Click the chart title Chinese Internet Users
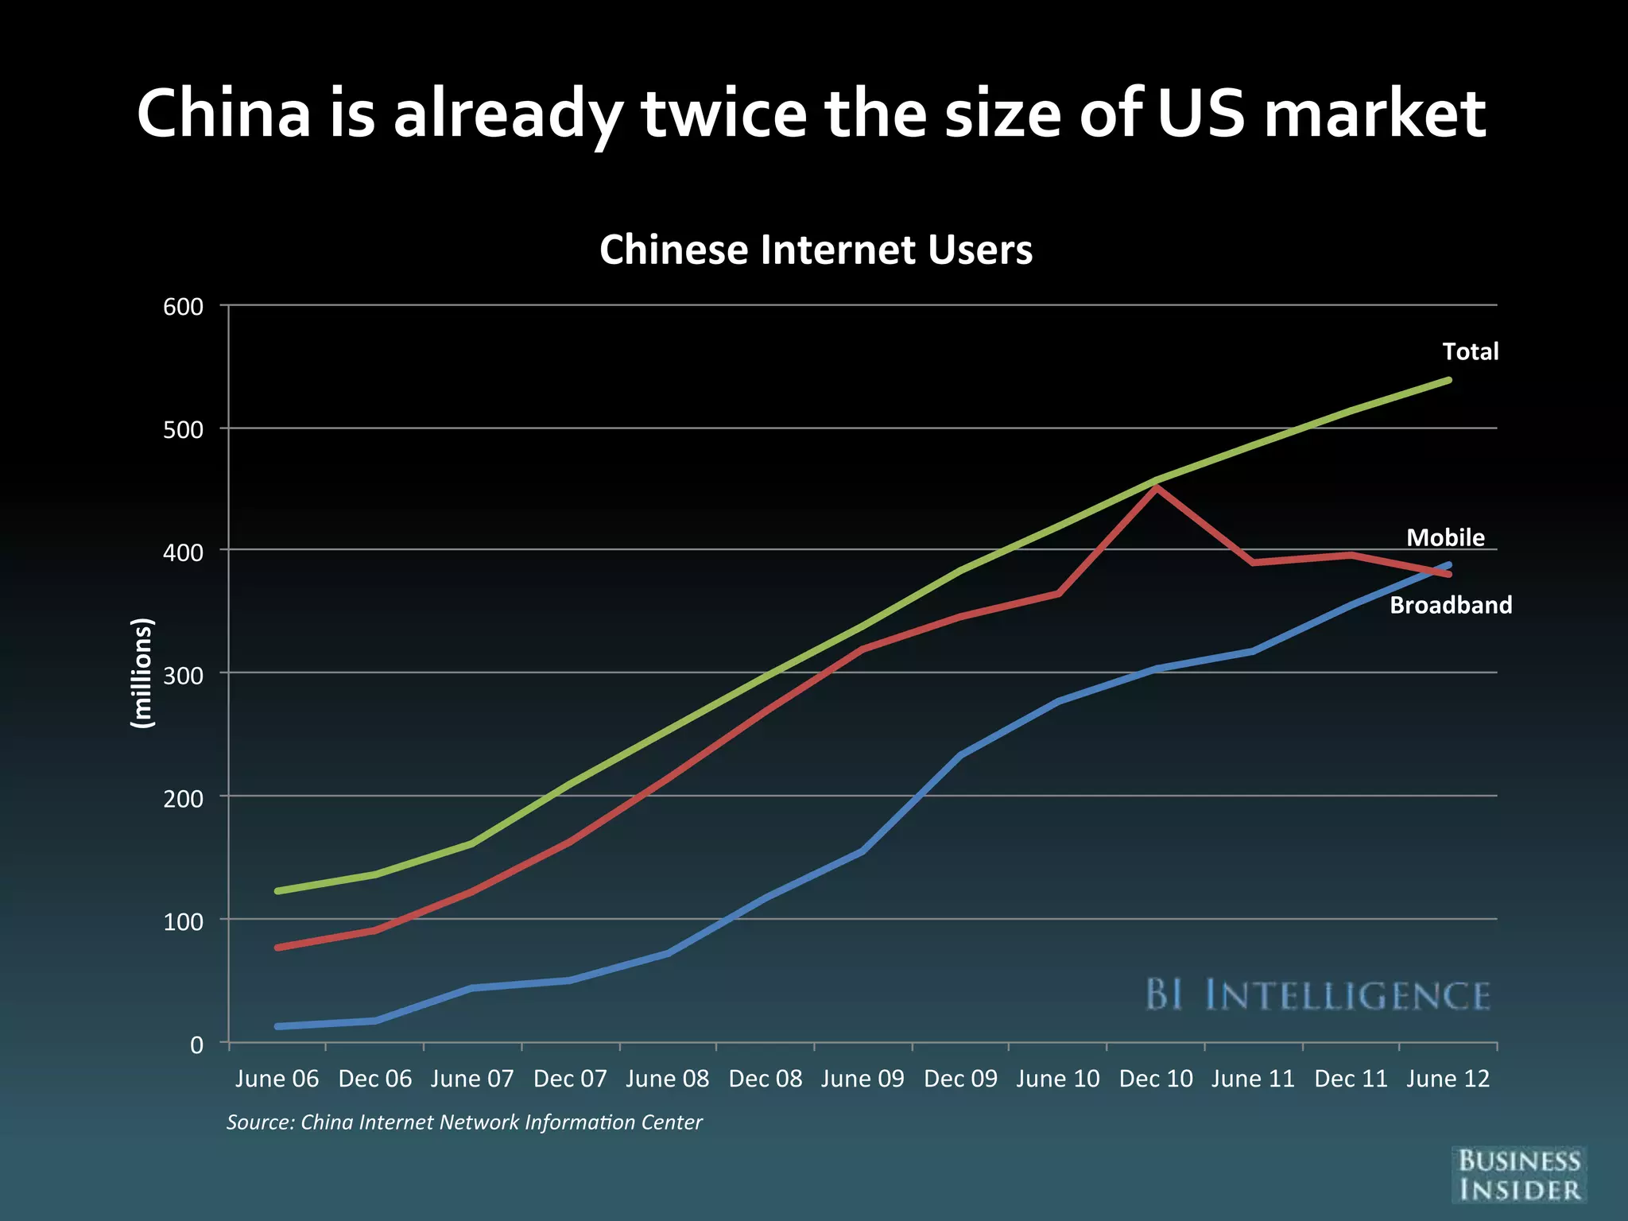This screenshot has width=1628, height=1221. pos(816,250)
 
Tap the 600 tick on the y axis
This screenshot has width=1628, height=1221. pos(184,307)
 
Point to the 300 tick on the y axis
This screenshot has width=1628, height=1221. pos(184,675)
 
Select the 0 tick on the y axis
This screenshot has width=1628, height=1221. pos(196,1045)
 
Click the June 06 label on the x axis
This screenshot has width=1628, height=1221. pos(277,1079)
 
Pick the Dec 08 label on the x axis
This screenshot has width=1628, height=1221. pos(765,1079)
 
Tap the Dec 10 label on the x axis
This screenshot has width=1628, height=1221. pos(1156,1079)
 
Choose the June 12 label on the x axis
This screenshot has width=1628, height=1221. pos(1448,1079)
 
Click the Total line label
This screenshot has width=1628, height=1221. pos(1470,351)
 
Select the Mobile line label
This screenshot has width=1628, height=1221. pos(1445,537)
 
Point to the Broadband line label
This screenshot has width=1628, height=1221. pos(1450,606)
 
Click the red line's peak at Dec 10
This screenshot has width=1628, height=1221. pos(1157,487)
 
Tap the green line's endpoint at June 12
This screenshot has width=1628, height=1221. pos(1449,380)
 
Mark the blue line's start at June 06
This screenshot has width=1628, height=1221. pos(277,1026)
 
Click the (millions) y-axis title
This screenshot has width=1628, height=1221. pos(141,673)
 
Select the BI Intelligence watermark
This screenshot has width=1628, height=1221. pos(1317,995)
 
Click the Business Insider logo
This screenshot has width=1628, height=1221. pos(1518,1174)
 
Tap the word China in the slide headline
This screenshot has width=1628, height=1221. pos(224,114)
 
